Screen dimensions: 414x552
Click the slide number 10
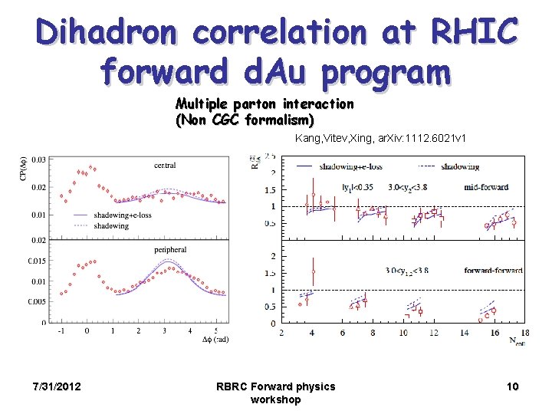(x=512, y=386)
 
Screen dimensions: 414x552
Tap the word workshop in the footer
(x=275, y=399)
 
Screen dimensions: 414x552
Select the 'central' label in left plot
(x=165, y=165)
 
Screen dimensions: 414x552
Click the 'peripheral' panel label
(x=169, y=249)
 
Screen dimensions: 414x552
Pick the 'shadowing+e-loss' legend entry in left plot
(x=123, y=215)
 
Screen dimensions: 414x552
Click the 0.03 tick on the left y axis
(x=38, y=159)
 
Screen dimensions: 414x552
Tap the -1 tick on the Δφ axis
(x=61, y=331)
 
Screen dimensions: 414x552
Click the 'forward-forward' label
(x=492, y=270)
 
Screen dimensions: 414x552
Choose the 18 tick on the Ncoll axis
(x=524, y=333)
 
